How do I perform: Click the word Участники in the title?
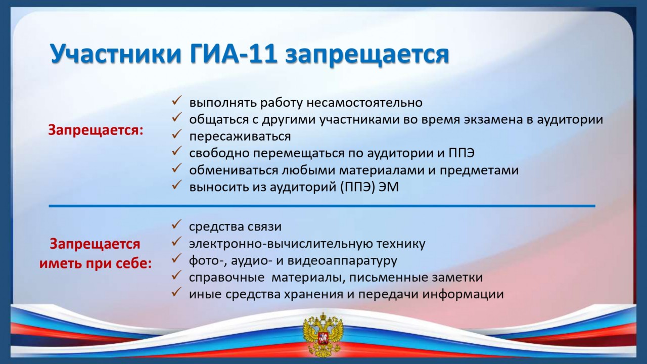[x=116, y=54]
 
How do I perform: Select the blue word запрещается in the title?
[x=367, y=55]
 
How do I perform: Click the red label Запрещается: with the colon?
[x=96, y=130]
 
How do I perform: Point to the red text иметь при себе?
[x=96, y=263]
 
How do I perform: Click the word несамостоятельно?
[x=364, y=103]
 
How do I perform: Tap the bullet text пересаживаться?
[x=240, y=136]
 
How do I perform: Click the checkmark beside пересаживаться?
[x=176, y=134]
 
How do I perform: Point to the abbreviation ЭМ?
[x=389, y=187]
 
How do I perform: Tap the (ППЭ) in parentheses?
[x=357, y=187]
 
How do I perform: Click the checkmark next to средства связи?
[x=176, y=224]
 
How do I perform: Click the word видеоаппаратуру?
[x=342, y=261]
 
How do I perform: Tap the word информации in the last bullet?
[x=463, y=294]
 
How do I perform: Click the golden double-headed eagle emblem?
[x=323, y=335]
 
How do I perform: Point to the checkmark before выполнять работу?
[x=176, y=100]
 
